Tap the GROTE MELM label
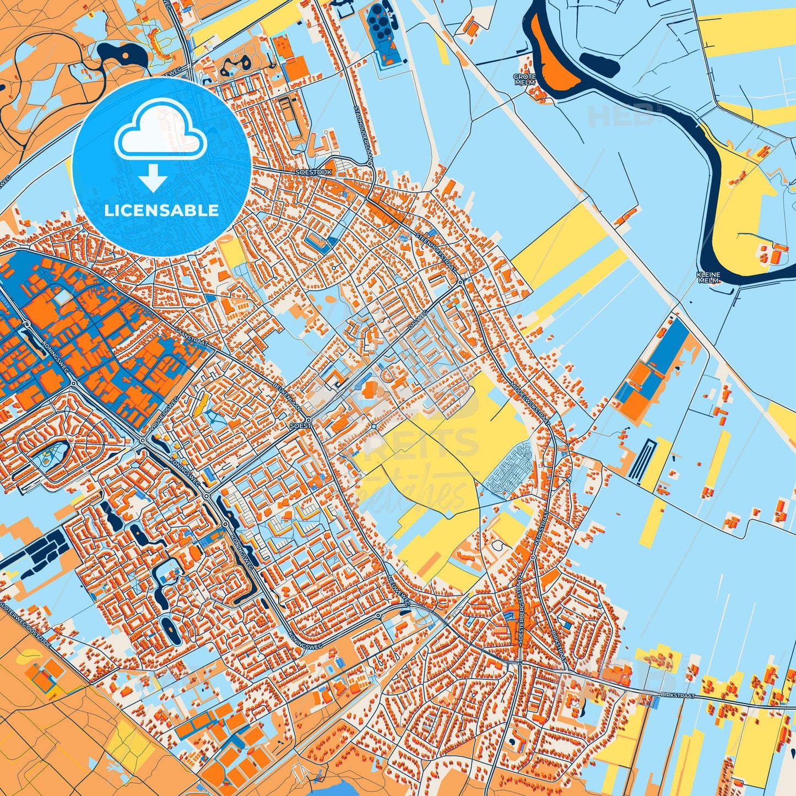524,80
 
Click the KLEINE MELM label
708,277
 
